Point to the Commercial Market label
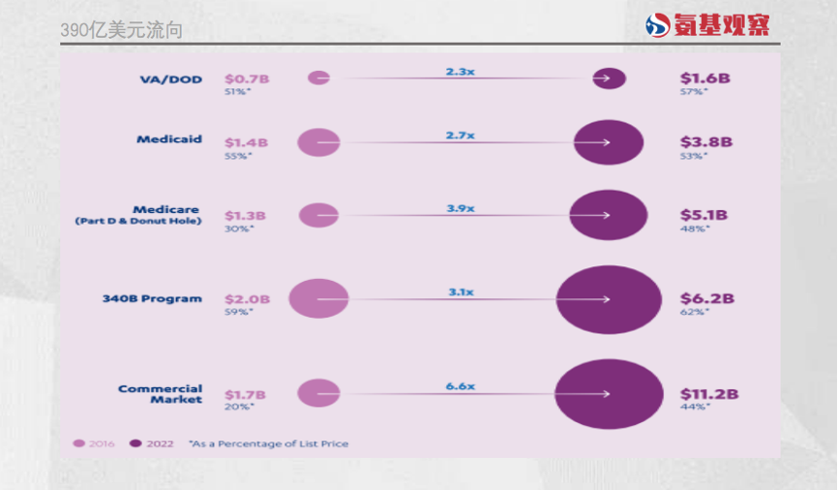click(x=160, y=394)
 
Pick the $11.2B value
click(x=709, y=394)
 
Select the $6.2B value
click(x=706, y=298)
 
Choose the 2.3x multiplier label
click(x=460, y=72)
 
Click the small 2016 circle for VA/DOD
click(x=318, y=77)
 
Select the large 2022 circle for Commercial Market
click(x=609, y=394)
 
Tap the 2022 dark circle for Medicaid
click(x=609, y=142)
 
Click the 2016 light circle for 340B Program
click(x=318, y=298)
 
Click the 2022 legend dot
click(x=135, y=444)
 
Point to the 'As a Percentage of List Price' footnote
click(x=268, y=444)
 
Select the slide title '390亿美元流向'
click(x=121, y=31)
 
